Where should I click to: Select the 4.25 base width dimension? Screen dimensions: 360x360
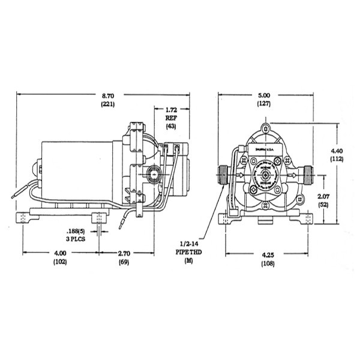point(265,253)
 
